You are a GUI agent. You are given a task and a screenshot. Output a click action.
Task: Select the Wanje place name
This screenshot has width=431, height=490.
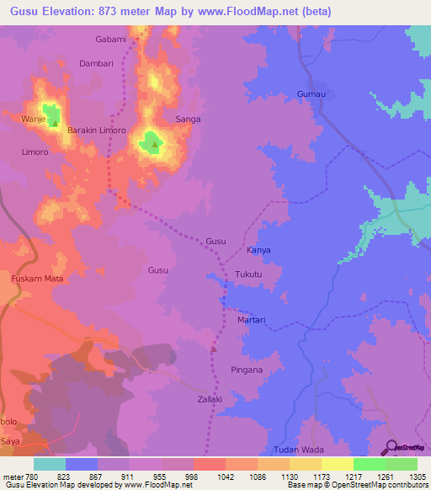pyautogui.click(x=33, y=120)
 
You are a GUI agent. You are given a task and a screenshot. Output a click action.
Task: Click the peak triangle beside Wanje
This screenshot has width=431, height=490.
pyautogui.click(x=56, y=123)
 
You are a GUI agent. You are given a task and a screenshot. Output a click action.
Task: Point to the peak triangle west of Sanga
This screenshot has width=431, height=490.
pyautogui.click(x=155, y=144)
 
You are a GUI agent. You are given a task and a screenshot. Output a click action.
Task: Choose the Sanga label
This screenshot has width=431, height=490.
pyautogui.click(x=188, y=120)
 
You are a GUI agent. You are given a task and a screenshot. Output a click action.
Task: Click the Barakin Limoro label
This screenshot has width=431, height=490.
pyautogui.click(x=97, y=130)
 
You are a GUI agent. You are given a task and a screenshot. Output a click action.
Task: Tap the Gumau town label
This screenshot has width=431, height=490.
pyautogui.click(x=311, y=93)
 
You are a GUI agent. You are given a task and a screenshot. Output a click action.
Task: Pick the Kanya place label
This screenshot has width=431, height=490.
pyautogui.click(x=258, y=251)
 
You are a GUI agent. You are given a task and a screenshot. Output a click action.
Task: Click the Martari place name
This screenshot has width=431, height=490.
pyautogui.click(x=251, y=320)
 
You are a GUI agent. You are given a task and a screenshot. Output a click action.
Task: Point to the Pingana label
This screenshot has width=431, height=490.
pyautogui.click(x=247, y=370)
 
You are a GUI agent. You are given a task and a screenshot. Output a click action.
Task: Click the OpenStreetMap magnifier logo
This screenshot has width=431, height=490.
pyautogui.click(x=391, y=447)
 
